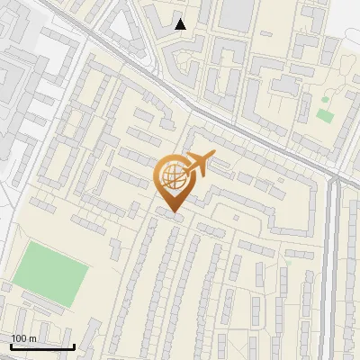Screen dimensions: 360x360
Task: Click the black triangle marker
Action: click(181, 24)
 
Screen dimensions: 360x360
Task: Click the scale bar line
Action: click(42, 346)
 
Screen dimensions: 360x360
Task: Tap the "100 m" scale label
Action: click(23, 338)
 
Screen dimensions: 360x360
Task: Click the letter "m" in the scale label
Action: click(32, 338)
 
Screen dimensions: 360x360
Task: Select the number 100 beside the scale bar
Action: click(19, 338)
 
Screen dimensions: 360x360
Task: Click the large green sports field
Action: click(51, 270)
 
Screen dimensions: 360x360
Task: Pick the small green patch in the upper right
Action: click(324, 116)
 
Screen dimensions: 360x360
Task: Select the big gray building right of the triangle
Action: click(236, 13)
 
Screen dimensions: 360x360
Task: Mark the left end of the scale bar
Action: click(11, 346)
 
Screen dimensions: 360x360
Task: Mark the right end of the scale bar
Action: click(74, 346)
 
